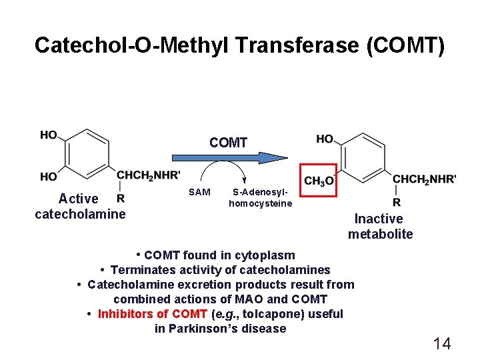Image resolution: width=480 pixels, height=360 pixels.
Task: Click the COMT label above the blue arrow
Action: pos(228,143)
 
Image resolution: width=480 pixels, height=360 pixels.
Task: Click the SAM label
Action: pos(199,192)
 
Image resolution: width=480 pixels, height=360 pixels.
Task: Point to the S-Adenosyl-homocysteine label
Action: pos(260,198)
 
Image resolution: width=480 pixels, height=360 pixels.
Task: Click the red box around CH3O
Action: pos(319,180)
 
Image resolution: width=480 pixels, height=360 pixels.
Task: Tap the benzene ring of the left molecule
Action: pos(86,155)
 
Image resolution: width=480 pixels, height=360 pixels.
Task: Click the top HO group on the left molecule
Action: pos(49,135)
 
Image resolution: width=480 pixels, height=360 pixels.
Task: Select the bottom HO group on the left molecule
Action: pos(49,177)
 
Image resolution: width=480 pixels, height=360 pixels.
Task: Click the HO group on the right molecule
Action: pos(325,139)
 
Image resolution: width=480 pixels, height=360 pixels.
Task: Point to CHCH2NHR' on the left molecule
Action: pos(149,175)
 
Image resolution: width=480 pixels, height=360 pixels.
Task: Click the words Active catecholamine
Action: pos(80,206)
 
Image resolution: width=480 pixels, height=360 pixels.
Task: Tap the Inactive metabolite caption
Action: pos(380,226)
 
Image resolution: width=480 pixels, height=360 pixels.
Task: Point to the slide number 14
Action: pos(442,343)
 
